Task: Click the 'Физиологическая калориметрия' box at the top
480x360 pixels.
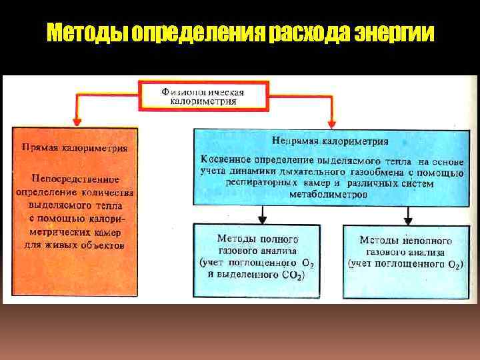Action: click(x=203, y=97)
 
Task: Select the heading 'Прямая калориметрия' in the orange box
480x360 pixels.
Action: click(x=75, y=147)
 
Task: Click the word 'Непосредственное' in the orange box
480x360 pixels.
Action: click(x=74, y=179)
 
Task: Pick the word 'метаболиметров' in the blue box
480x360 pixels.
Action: click(x=328, y=194)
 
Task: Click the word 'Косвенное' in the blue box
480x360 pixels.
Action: click(x=231, y=161)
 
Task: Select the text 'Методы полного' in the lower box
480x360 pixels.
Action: click(x=257, y=239)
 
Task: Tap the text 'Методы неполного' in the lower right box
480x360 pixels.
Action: click(x=405, y=240)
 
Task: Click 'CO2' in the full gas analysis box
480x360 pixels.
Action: click(x=293, y=275)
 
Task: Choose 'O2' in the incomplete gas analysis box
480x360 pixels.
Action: click(x=453, y=265)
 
